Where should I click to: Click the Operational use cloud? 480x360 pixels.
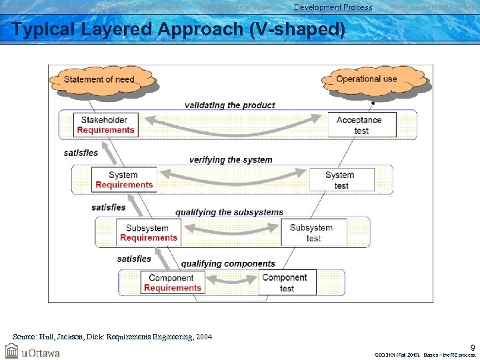tap(366, 79)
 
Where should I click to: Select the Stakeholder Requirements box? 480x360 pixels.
tap(105, 125)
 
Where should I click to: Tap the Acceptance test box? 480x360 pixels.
tap(361, 125)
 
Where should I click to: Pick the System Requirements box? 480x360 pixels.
tap(123, 180)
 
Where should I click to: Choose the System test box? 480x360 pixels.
tap(340, 180)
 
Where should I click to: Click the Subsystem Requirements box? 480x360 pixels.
tap(148, 233)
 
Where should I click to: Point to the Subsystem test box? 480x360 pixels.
tap(313, 233)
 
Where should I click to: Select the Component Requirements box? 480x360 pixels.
tap(172, 283)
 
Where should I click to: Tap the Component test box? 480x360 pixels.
tap(285, 283)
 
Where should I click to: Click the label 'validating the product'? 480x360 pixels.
tap(229, 105)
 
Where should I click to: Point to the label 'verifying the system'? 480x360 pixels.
tap(231, 160)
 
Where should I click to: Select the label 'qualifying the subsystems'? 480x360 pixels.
tap(229, 213)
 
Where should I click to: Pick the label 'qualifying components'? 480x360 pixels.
tap(228, 263)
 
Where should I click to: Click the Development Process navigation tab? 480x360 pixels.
tap(333, 7)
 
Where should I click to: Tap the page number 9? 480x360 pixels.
tap(473, 347)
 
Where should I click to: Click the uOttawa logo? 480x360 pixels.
tap(32, 351)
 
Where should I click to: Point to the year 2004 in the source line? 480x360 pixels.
tap(203, 337)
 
